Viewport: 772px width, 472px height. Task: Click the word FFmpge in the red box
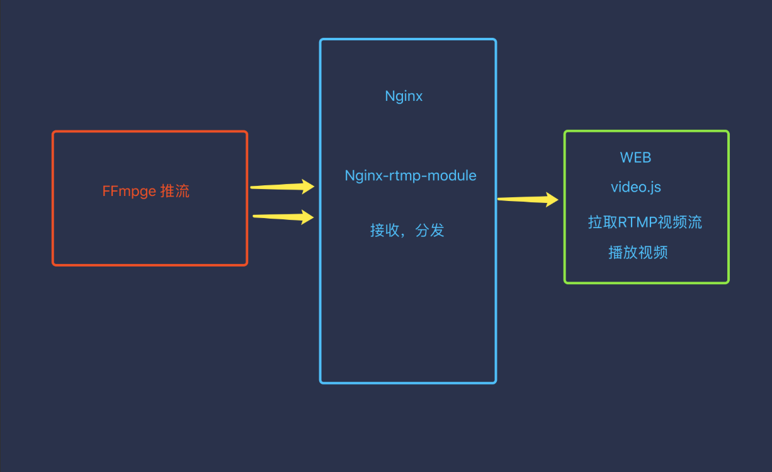[x=129, y=192]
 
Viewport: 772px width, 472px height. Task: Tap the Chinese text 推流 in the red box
[x=175, y=191]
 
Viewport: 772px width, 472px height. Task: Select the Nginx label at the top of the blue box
[x=404, y=96]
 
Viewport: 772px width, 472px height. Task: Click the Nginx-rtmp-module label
[x=411, y=176]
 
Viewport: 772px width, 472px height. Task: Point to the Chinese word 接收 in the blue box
[x=385, y=230]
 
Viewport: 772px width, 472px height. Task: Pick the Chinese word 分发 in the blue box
[x=430, y=230]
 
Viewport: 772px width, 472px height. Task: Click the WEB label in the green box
[x=635, y=158]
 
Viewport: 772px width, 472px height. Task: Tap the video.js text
[x=636, y=187]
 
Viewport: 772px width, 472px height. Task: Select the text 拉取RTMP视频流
[x=645, y=222]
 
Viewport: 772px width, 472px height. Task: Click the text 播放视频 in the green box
[x=638, y=252]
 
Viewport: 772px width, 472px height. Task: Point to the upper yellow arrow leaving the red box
[x=282, y=187]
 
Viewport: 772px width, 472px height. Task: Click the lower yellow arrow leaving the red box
[x=283, y=217]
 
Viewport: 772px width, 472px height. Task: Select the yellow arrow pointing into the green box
[x=528, y=199]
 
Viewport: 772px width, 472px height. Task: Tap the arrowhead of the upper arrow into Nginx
[x=307, y=187]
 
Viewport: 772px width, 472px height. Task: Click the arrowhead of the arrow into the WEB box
[x=552, y=199]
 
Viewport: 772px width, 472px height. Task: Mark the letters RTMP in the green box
[x=638, y=222]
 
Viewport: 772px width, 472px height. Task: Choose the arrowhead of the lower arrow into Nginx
[x=307, y=217]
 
